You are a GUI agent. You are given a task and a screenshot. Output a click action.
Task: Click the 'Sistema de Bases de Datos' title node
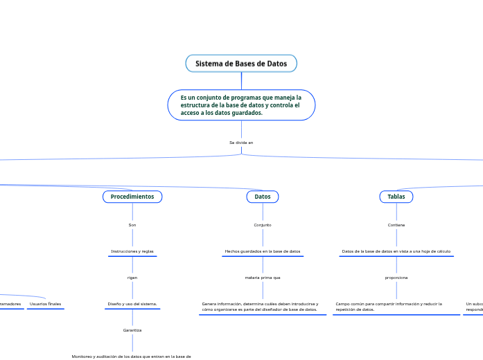(241, 64)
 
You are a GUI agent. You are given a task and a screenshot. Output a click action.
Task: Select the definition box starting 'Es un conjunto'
(241, 105)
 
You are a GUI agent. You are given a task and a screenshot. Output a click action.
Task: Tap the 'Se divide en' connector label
(241, 143)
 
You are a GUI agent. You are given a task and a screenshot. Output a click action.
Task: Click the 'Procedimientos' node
(132, 197)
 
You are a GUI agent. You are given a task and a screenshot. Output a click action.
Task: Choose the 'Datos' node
(263, 197)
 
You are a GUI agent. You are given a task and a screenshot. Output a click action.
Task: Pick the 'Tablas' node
(396, 197)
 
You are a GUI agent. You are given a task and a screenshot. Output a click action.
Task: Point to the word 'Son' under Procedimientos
(132, 225)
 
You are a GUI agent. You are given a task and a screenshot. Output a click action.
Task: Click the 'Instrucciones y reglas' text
(132, 251)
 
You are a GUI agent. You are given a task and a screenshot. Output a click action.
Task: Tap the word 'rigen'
(132, 278)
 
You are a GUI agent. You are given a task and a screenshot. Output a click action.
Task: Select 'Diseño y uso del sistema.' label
(132, 304)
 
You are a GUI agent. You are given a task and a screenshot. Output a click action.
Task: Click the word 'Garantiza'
(132, 330)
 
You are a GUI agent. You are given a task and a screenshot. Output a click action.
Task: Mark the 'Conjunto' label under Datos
(263, 225)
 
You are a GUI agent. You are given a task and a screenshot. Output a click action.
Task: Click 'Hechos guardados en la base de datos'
(263, 251)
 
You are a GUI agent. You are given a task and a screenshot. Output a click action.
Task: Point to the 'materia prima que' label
(263, 278)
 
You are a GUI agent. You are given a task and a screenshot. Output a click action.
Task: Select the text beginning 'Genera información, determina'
(260, 307)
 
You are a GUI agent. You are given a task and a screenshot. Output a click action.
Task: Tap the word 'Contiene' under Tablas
(396, 225)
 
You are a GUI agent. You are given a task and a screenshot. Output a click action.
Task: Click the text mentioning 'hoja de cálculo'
(396, 251)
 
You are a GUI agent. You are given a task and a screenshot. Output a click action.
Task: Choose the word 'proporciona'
(396, 278)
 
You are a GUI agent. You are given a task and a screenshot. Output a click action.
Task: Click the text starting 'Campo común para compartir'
(389, 307)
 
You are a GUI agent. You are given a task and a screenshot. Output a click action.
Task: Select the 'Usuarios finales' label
(45, 304)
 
